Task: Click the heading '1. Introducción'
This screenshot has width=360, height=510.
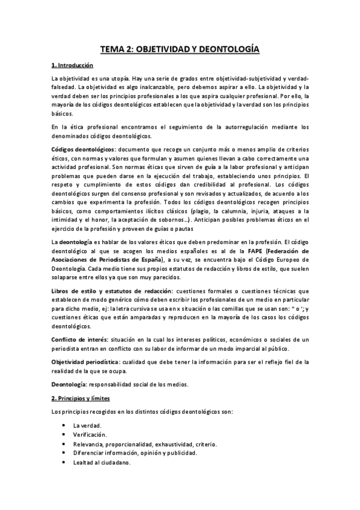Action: point(72,64)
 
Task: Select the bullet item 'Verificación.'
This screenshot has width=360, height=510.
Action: point(91,434)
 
